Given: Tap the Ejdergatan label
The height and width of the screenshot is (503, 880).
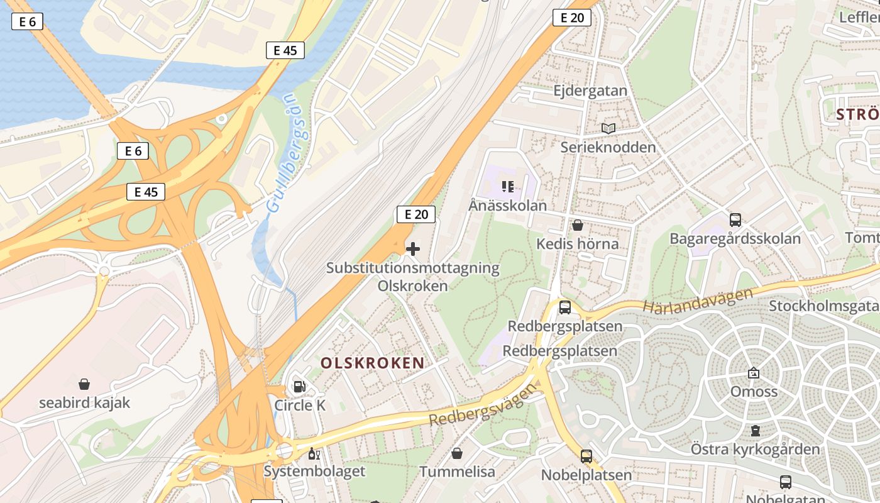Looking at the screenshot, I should coord(590,91).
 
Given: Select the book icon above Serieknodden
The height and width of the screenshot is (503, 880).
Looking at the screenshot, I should coord(608,128).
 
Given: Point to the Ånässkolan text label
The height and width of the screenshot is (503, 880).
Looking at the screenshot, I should coord(507,206).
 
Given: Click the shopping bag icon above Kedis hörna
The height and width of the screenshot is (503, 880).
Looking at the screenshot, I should coord(577,225).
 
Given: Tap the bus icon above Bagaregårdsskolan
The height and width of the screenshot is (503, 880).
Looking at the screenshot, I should coord(735,220).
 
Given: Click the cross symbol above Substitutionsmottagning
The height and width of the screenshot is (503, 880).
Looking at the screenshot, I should coord(412,249).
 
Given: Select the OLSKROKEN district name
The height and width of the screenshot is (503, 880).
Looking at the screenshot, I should coord(372,363).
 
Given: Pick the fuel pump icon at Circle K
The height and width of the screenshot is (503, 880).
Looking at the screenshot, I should coord(300,387).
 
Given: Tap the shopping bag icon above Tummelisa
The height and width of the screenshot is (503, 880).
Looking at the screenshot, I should coord(457,453).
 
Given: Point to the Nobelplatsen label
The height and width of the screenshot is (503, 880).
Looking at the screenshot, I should coord(586,475).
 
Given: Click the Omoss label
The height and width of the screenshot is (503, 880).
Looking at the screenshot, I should coord(753,392).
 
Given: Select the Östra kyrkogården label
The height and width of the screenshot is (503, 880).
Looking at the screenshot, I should coord(755,449).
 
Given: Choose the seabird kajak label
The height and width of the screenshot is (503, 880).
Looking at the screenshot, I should coord(84,403).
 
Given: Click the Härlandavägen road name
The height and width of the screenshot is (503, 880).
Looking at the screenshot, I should coord(697,301).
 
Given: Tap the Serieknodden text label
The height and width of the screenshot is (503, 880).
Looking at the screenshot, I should coord(607,147).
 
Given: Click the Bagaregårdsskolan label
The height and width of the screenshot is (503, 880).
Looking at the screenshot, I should coord(734,239).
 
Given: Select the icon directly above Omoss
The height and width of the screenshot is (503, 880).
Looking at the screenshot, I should coord(753,373).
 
